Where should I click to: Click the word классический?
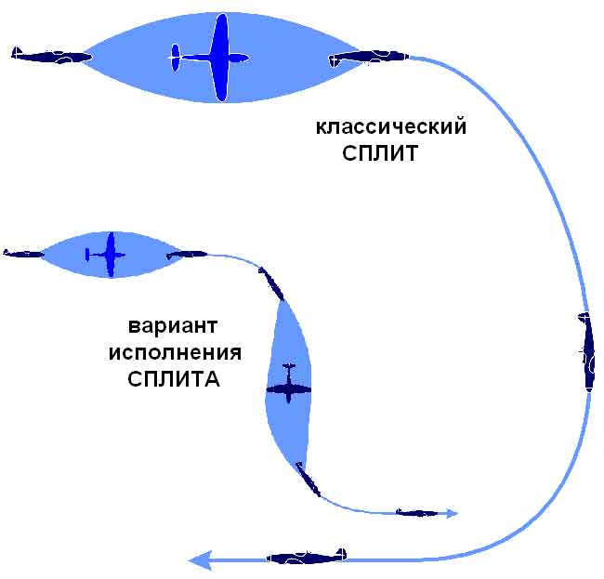390,127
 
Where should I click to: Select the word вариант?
173,328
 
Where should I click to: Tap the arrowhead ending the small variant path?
453,512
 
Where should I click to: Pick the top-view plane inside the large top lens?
214,58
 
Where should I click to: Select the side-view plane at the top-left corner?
51,56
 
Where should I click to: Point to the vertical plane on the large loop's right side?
587,351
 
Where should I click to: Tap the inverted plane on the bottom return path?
308,557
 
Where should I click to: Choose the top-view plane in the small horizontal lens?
108,254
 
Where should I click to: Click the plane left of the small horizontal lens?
24,253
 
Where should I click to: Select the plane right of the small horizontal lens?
187,253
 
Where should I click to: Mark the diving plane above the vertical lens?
271,283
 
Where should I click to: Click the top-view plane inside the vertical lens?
288,383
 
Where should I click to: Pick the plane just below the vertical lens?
309,479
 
